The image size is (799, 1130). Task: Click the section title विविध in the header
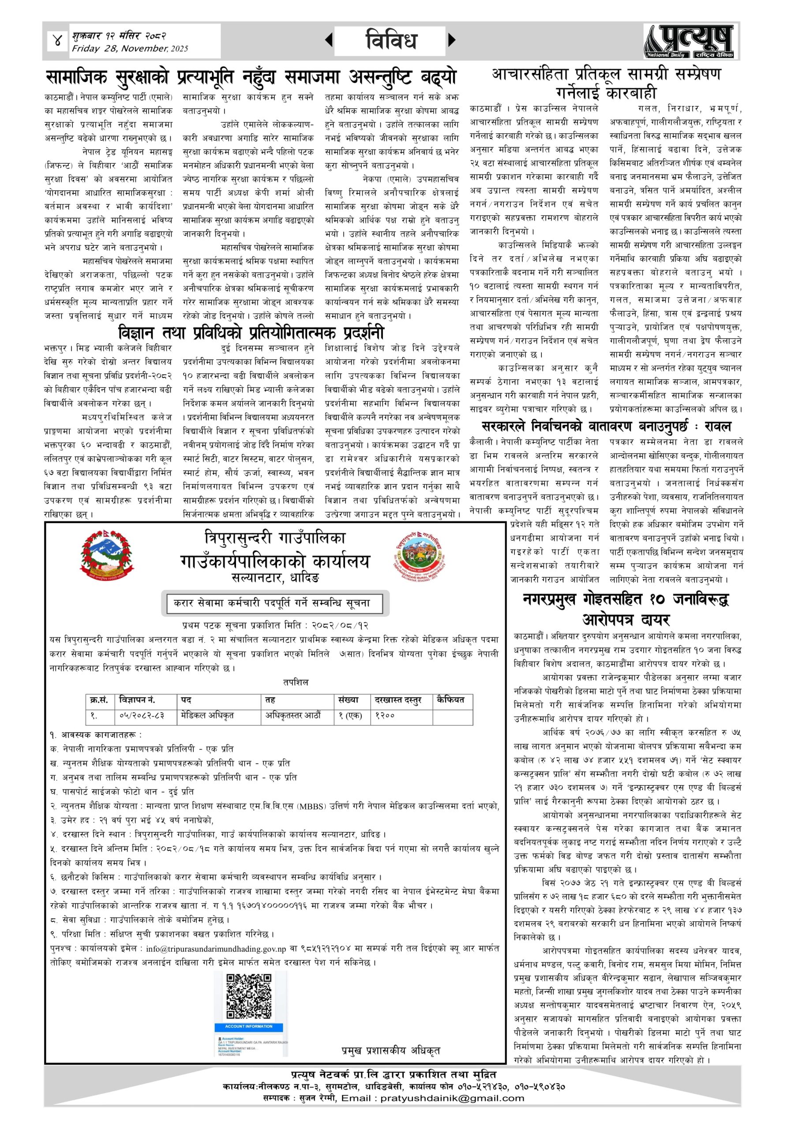391,40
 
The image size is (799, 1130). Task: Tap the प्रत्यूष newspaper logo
692,42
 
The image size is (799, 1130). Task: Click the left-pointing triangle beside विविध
329,40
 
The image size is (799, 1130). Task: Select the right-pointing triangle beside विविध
452,40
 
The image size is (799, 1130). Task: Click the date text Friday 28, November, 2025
130,49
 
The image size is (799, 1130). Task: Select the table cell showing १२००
385,715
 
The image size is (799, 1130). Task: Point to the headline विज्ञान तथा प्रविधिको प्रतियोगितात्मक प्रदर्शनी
251,333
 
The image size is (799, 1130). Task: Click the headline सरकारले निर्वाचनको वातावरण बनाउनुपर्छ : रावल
606,426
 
